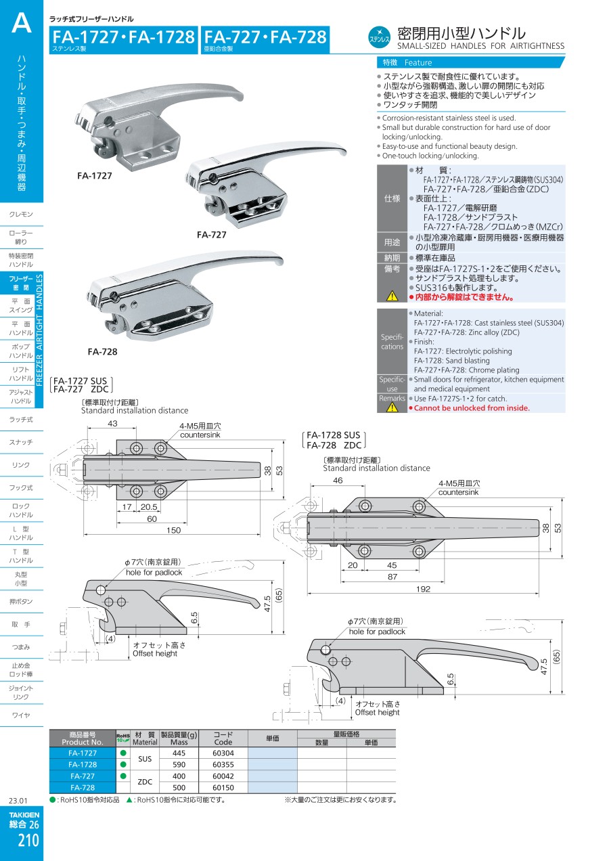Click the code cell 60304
click(223, 753)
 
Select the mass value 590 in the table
click(179, 765)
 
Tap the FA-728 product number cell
click(83, 788)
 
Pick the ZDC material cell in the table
click(145, 782)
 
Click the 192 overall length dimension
click(423, 590)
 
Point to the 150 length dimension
click(174, 531)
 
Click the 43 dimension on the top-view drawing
click(112, 424)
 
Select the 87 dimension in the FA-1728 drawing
click(392, 576)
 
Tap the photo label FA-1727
click(95, 175)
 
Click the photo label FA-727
click(211, 235)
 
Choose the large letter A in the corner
click(21, 24)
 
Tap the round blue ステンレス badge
click(380, 37)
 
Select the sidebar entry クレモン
click(21, 215)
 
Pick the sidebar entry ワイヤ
click(21, 715)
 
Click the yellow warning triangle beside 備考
click(392, 295)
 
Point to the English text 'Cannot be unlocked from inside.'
click(472, 408)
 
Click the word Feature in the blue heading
click(418, 62)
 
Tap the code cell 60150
click(223, 788)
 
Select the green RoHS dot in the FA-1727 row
click(123, 753)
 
